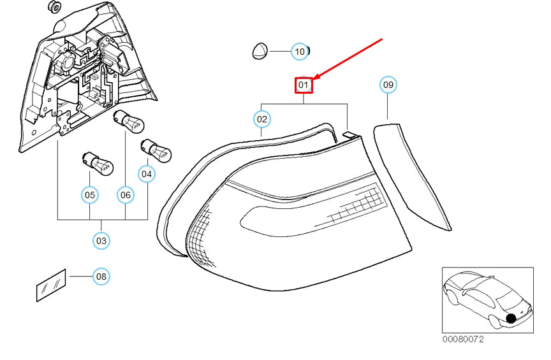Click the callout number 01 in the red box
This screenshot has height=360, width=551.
(x=304, y=85)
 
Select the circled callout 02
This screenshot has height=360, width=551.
(x=262, y=119)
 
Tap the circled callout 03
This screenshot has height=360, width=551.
(x=101, y=241)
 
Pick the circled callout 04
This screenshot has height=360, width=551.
(x=147, y=174)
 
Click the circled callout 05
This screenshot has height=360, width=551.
(x=90, y=195)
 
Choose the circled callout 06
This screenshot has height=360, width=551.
(x=126, y=195)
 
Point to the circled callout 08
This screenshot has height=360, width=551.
(x=101, y=277)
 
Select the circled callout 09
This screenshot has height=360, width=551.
(x=388, y=85)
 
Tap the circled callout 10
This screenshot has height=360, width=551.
(x=299, y=52)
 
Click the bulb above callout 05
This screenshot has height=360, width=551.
(x=98, y=163)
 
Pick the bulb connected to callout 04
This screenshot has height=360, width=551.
(x=156, y=151)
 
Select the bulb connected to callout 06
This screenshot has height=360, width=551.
(x=128, y=122)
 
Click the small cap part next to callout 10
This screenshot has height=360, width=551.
(x=260, y=51)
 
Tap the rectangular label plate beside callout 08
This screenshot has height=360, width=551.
(x=51, y=285)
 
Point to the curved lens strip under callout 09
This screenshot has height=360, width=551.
(x=412, y=176)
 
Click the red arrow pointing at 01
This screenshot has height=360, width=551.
(x=348, y=59)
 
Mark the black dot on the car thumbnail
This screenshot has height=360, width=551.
(x=511, y=319)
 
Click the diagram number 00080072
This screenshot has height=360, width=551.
(x=463, y=339)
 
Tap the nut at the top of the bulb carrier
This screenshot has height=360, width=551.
(x=54, y=6)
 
